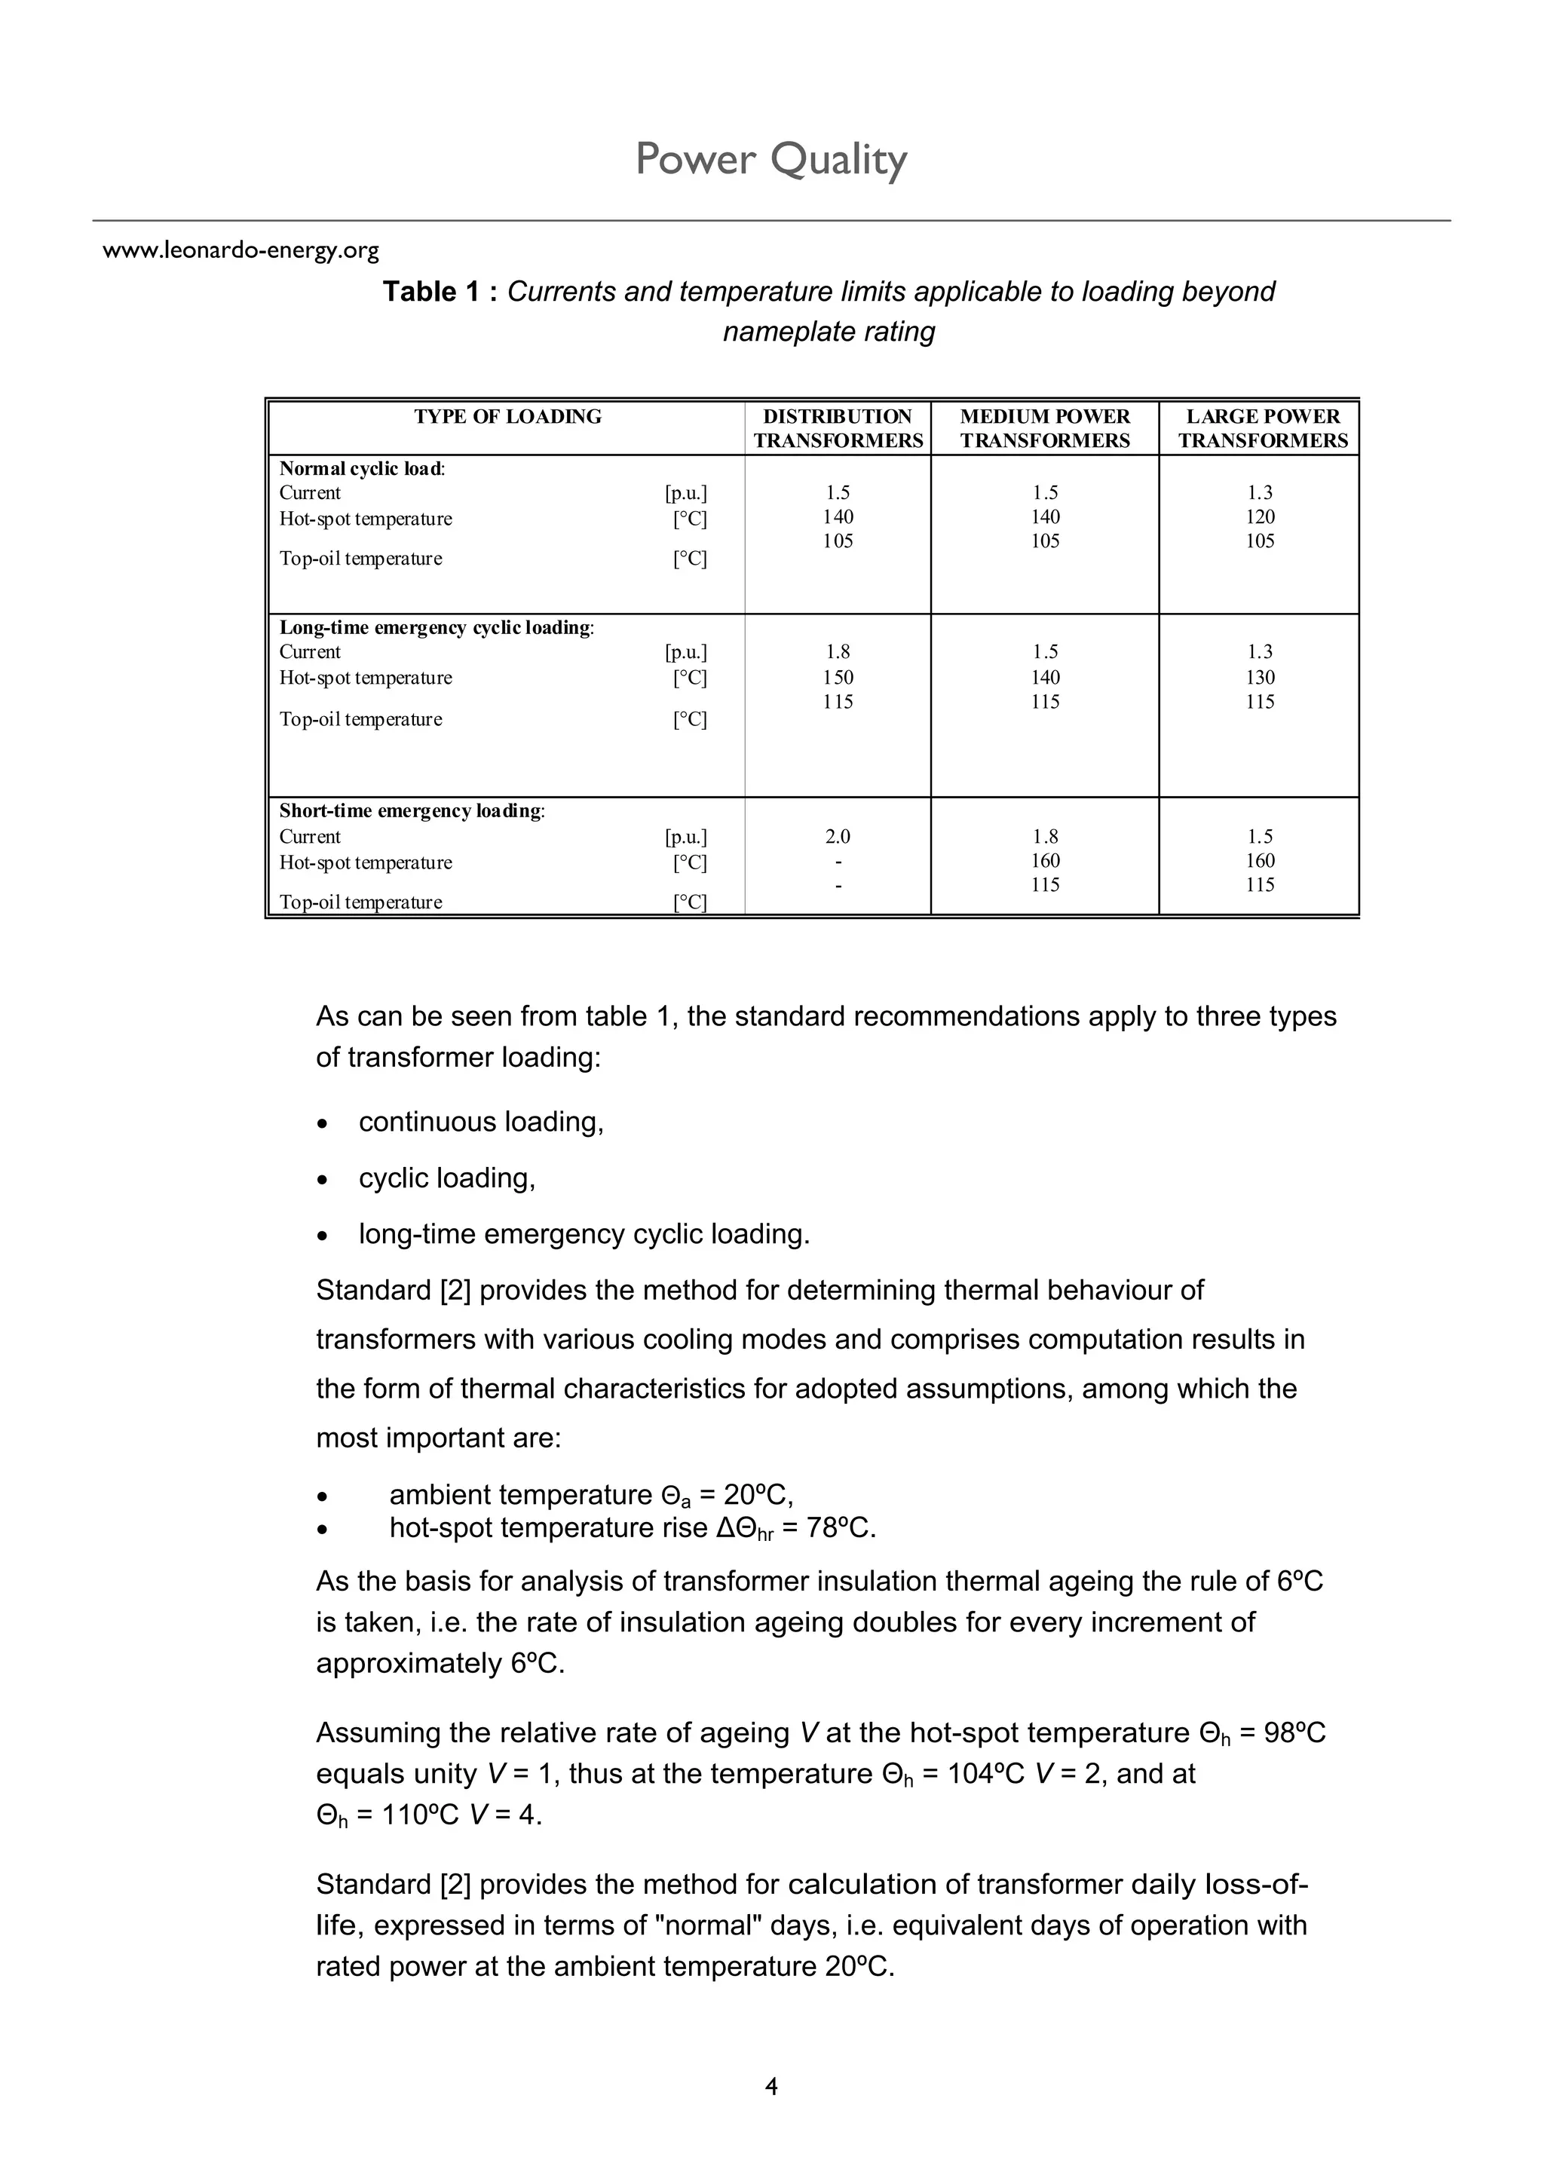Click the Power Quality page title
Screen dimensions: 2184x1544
770,159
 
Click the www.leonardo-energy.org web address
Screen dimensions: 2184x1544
240,251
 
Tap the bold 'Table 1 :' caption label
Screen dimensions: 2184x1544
440,292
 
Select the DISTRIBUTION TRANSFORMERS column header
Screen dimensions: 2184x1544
837,428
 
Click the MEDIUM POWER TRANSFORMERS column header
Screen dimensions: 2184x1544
1045,428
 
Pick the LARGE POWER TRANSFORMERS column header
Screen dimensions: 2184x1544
1262,428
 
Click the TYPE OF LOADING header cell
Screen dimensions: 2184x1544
507,417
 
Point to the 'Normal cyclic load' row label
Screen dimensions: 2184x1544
362,469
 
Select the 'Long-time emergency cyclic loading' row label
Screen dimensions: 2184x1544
436,628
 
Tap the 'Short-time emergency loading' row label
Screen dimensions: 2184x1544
411,811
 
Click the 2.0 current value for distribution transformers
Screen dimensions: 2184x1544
837,837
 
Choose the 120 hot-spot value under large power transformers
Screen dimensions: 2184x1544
1260,517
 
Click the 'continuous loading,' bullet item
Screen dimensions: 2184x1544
480,1123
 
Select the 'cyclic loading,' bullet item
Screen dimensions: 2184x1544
446,1178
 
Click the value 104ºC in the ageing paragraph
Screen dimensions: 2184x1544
985,1774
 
